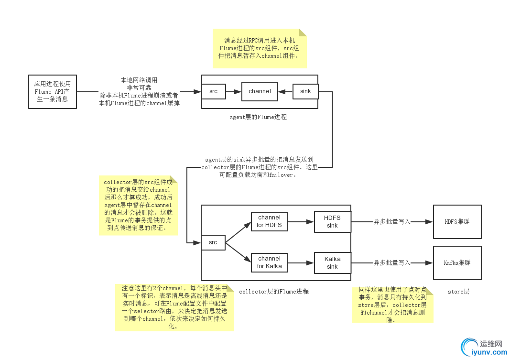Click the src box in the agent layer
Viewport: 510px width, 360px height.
tap(213, 91)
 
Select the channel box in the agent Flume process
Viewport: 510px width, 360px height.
tap(260, 91)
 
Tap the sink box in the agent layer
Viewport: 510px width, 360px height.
tap(305, 91)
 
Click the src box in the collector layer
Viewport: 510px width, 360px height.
tap(213, 242)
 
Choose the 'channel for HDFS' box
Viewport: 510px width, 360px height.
tap(269, 221)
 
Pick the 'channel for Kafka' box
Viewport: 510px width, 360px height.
tap(269, 262)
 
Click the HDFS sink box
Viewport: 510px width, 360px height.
tap(332, 222)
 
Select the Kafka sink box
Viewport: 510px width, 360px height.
tap(332, 262)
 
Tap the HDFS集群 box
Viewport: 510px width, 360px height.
tap(457, 221)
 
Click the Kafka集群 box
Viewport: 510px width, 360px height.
tap(457, 262)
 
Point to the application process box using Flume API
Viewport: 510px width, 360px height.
tap(52, 91)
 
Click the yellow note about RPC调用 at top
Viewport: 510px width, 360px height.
tap(259, 48)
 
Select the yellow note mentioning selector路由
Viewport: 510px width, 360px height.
tap(174, 307)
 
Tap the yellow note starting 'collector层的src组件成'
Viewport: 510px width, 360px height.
tap(138, 206)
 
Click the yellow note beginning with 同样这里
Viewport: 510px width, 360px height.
tap(392, 305)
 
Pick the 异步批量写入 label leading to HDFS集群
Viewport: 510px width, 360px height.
tap(392, 222)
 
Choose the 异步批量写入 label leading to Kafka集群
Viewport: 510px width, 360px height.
tap(392, 262)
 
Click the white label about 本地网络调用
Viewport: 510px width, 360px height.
tap(139, 92)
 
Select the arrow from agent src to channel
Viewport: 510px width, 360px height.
tap(233, 91)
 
